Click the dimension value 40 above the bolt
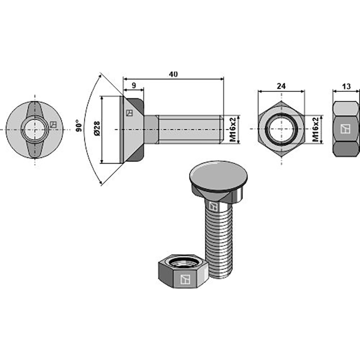click(x=173, y=74)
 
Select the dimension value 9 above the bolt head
click(x=134, y=84)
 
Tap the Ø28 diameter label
click(x=96, y=129)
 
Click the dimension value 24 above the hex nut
click(x=281, y=85)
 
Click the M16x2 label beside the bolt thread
click(x=233, y=129)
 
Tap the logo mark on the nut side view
click(x=346, y=129)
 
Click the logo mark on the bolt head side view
click(x=129, y=113)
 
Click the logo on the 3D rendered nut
click(x=184, y=279)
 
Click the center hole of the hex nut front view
click(x=281, y=129)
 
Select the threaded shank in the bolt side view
click(x=189, y=129)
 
